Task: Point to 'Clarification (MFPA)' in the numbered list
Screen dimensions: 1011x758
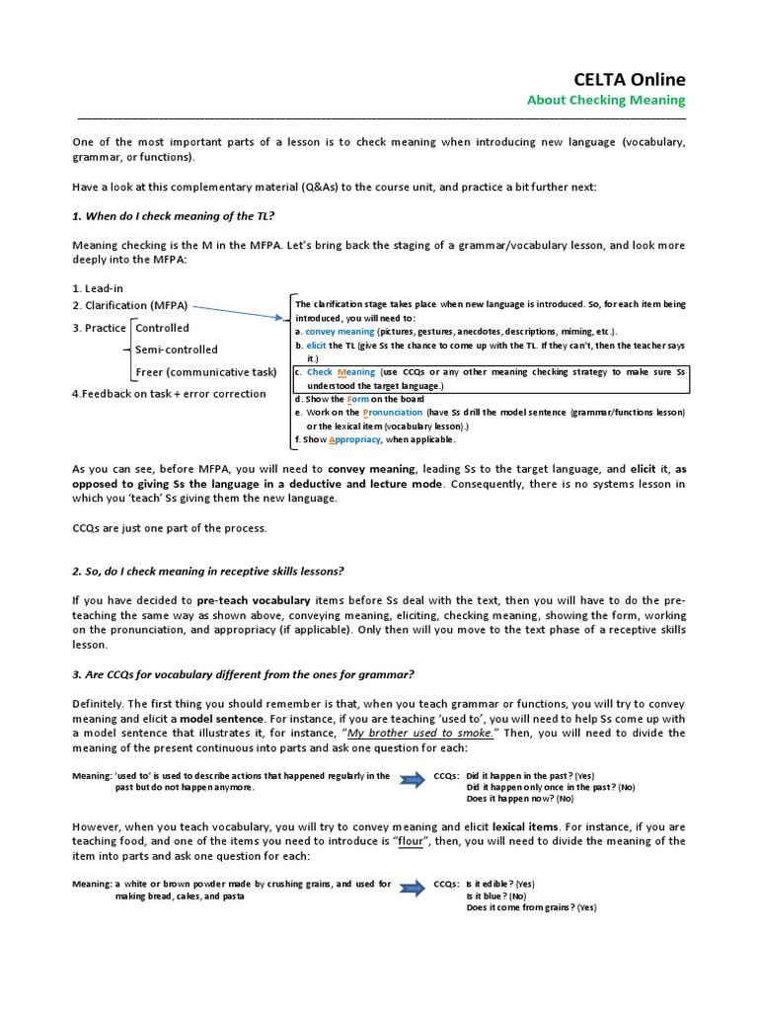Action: tap(135, 306)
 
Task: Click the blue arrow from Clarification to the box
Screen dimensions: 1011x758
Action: tap(237, 312)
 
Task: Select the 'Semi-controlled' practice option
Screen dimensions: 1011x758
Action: tap(177, 350)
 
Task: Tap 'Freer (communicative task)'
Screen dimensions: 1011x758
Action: tap(205, 372)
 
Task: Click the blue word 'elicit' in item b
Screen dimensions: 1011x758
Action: tap(316, 346)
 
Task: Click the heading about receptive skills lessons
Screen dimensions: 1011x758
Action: tap(207, 572)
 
